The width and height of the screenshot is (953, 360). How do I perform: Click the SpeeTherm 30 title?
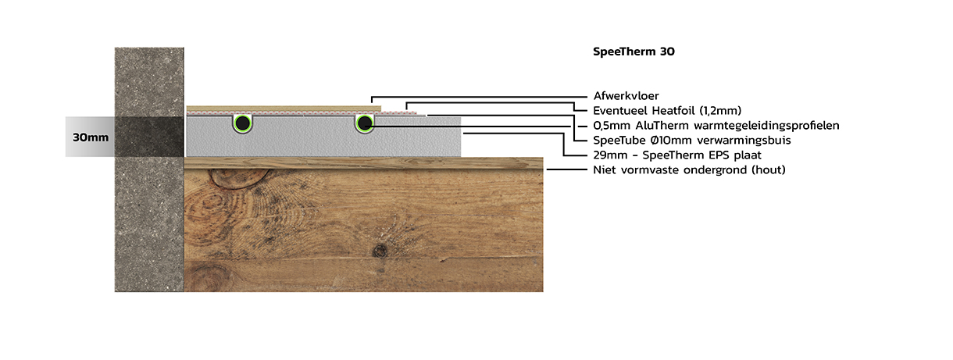(x=634, y=52)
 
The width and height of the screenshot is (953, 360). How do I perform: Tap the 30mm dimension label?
(x=90, y=137)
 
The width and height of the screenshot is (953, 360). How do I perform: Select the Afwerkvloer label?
(x=626, y=96)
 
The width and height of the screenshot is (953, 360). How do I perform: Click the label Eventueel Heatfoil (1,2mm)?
(x=667, y=111)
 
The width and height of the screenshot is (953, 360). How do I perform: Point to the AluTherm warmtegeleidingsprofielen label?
(x=716, y=126)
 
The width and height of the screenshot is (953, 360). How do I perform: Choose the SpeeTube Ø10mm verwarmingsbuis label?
(x=692, y=140)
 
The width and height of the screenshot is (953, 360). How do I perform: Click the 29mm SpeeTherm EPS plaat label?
(x=677, y=155)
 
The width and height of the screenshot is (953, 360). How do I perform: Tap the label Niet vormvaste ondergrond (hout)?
(x=689, y=169)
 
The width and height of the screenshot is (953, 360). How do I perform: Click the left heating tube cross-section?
(x=242, y=123)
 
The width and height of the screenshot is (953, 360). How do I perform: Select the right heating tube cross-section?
(x=364, y=123)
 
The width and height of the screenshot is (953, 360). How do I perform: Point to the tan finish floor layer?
(x=284, y=109)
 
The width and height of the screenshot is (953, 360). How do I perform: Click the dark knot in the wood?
(x=380, y=251)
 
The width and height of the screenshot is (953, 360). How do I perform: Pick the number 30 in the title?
(x=667, y=52)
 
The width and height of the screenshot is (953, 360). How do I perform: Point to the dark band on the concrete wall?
(x=149, y=137)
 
